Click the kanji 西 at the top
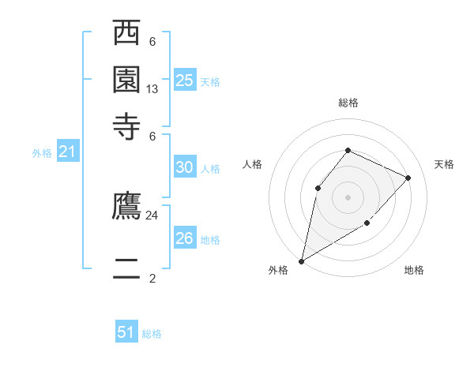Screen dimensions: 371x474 [x=127, y=36]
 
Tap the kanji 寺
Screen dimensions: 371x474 [x=127, y=126]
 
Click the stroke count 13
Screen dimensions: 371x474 [x=152, y=90]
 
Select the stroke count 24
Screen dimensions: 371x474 [x=152, y=215]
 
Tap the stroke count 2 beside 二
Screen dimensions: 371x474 [x=152, y=278]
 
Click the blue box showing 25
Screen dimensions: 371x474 [x=185, y=81]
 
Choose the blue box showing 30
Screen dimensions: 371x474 [x=185, y=167]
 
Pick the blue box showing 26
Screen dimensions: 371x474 [x=185, y=238]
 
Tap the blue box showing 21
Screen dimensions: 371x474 [x=67, y=152]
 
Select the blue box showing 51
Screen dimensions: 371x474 [x=126, y=332]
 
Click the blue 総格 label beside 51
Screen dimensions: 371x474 [x=152, y=334]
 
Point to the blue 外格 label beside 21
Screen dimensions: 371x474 [x=42, y=154]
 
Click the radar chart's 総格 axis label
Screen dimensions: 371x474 [x=348, y=103]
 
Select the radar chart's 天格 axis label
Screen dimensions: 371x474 [x=444, y=164]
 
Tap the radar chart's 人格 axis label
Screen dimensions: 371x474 [x=253, y=164]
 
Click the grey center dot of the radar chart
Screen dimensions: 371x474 [x=348, y=197]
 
